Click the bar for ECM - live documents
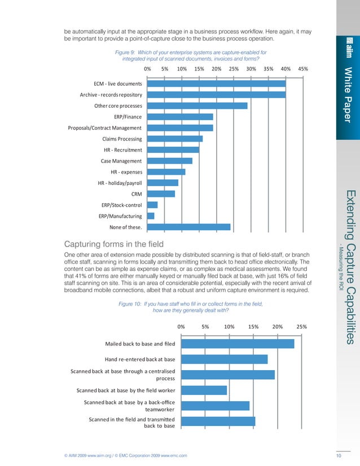(x=216, y=83)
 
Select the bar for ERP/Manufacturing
(x=151, y=216)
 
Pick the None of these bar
(x=188, y=227)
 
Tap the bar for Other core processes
(x=197, y=105)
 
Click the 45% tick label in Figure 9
(x=302, y=69)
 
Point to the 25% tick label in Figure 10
(x=301, y=326)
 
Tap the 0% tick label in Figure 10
(x=182, y=326)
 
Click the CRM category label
(x=137, y=194)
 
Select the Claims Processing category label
(x=122, y=139)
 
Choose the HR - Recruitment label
(x=123, y=150)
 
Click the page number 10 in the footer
(x=339, y=455)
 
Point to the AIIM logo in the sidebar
(x=348, y=50)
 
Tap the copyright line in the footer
(x=125, y=455)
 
